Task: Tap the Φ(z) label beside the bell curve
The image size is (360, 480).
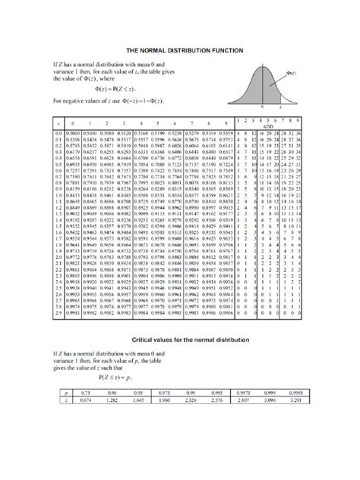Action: (x=291, y=74)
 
